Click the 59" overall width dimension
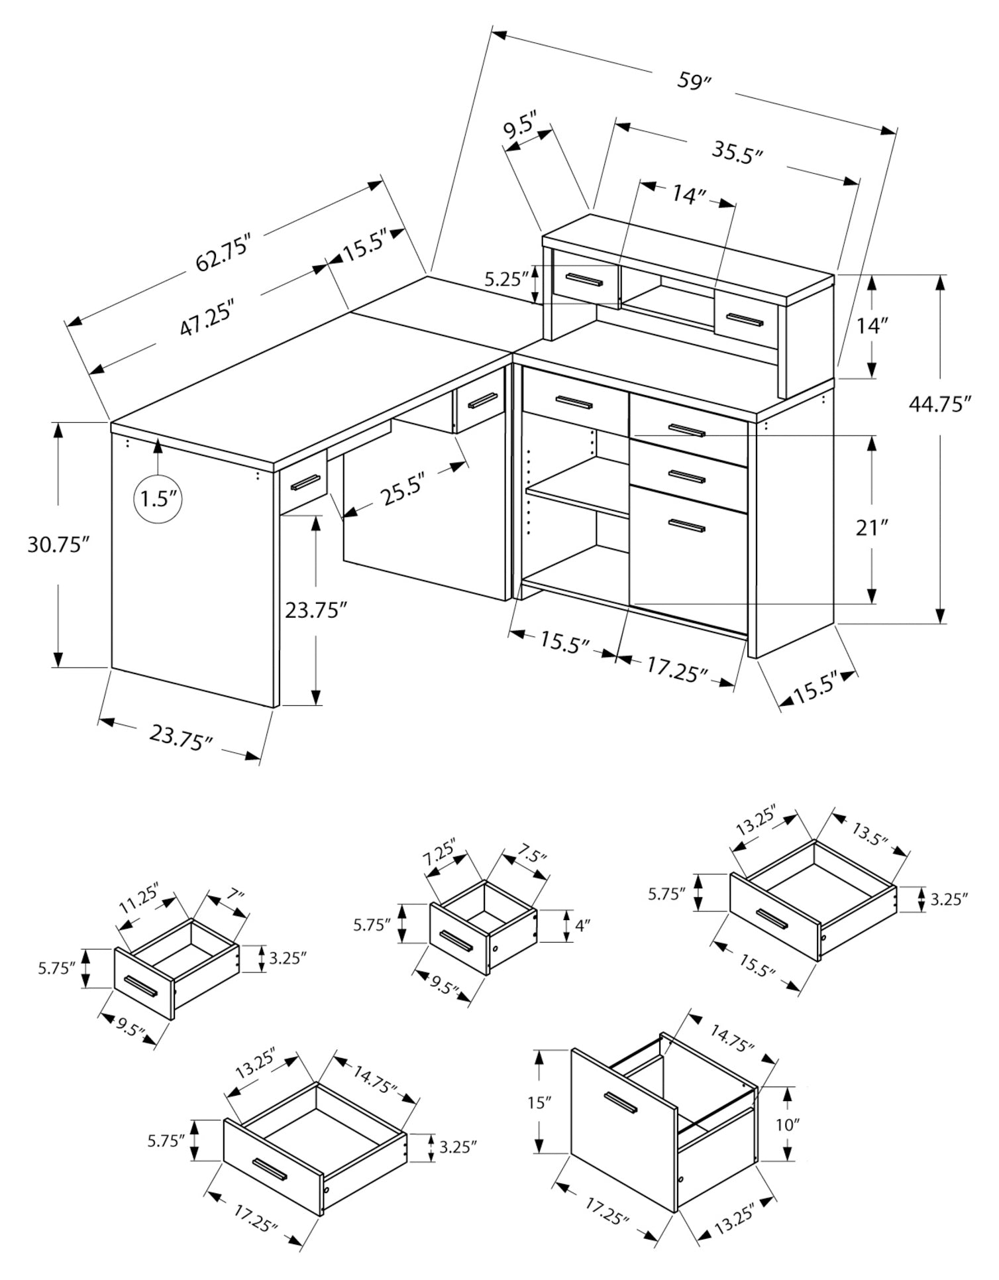(x=694, y=82)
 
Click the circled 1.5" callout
(x=158, y=498)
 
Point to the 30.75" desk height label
(x=58, y=544)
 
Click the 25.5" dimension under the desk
(x=402, y=491)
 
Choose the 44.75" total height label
(x=939, y=404)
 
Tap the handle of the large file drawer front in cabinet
(x=686, y=526)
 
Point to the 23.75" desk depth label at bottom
(x=180, y=736)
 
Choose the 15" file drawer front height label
(x=540, y=1102)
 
